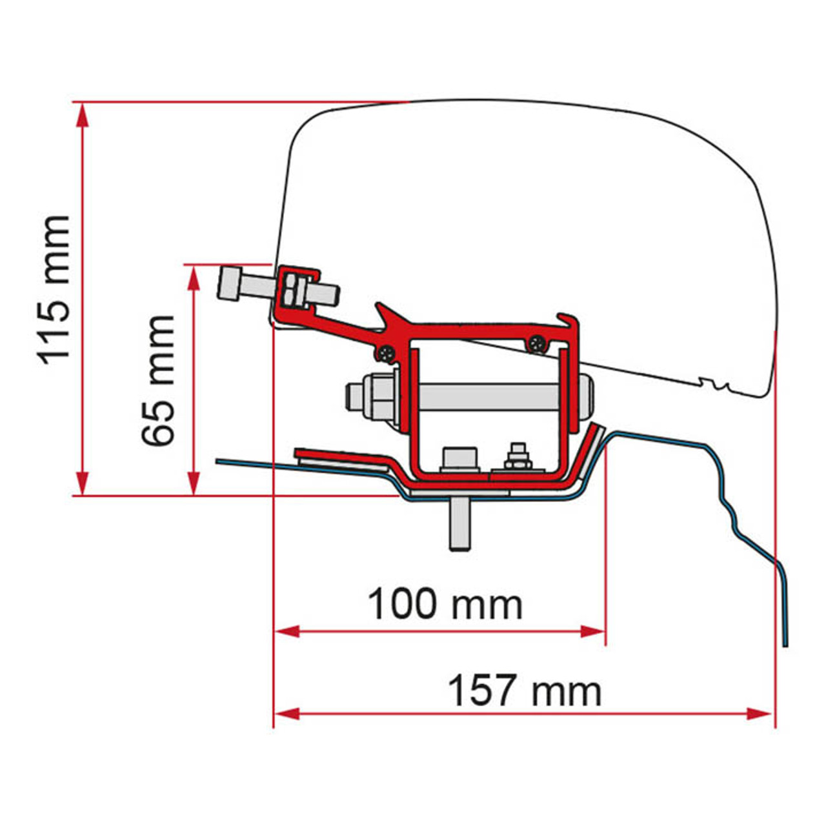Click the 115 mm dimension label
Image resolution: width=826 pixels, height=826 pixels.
(54, 290)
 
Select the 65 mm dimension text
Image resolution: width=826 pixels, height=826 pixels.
(159, 381)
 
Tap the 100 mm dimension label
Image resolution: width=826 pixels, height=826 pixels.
(445, 605)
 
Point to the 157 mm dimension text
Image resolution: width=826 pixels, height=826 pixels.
(524, 690)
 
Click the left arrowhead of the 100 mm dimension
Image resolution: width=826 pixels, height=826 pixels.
(287, 631)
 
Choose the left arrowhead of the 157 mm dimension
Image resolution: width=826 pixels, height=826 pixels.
(287, 714)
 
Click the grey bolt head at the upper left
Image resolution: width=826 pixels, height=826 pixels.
(230, 284)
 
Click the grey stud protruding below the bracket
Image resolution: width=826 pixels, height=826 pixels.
(459, 523)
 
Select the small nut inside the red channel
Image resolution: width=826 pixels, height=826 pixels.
(517, 459)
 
